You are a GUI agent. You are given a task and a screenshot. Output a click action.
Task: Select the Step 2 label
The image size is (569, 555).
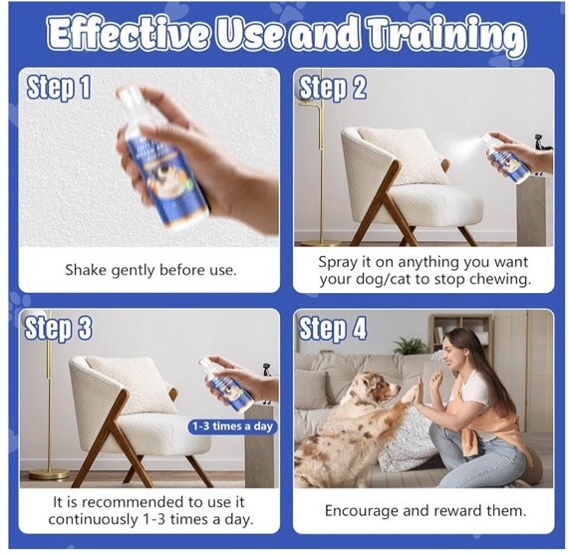tap(333, 88)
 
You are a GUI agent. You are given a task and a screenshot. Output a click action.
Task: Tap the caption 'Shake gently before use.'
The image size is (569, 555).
tap(150, 270)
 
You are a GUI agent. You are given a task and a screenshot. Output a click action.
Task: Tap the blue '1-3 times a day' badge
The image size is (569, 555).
tap(231, 426)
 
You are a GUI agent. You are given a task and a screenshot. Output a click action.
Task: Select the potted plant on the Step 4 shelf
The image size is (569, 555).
tap(410, 345)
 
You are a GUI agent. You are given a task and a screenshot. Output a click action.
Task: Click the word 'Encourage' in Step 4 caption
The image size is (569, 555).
tap(362, 511)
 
